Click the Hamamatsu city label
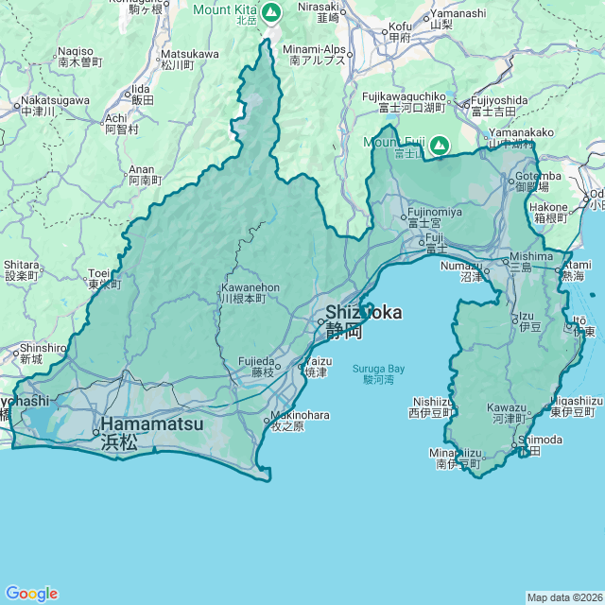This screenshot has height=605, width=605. pyautogui.click(x=151, y=432)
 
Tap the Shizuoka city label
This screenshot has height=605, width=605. pyautogui.click(x=363, y=321)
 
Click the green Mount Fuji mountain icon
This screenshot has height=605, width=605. pyautogui.click(x=439, y=146)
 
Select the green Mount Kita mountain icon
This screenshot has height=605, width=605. pyautogui.click(x=271, y=12)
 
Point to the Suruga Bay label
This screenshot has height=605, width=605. pyautogui.click(x=378, y=373)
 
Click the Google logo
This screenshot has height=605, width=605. pyautogui.click(x=31, y=593)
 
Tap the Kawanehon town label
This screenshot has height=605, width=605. pyautogui.click(x=250, y=292)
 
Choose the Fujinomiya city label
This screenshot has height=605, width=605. pyautogui.click(x=434, y=217)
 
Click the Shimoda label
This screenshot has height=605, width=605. pyautogui.click(x=540, y=445)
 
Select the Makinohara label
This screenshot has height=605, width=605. pyautogui.click(x=299, y=420)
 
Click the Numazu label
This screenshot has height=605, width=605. pyautogui.click(x=461, y=272)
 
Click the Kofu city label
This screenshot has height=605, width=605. pyautogui.click(x=400, y=31)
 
